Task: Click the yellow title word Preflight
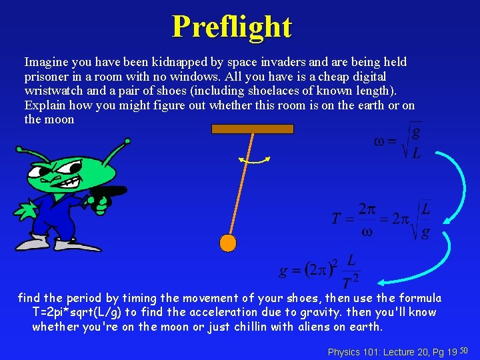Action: [x=232, y=27]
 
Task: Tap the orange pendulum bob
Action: [x=228, y=242]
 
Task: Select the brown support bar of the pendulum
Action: [x=252, y=129]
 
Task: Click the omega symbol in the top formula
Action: [x=379, y=141]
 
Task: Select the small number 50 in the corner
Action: [x=465, y=349]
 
